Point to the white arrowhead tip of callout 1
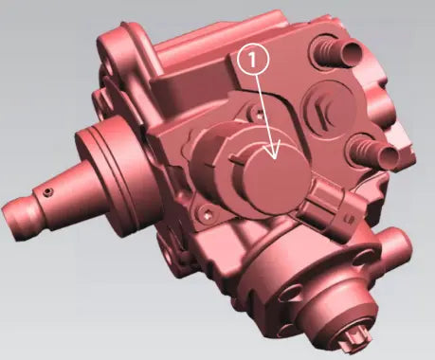[274, 159]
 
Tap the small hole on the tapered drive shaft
[47, 191]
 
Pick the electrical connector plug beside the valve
[331, 205]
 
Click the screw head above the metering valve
[260, 113]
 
